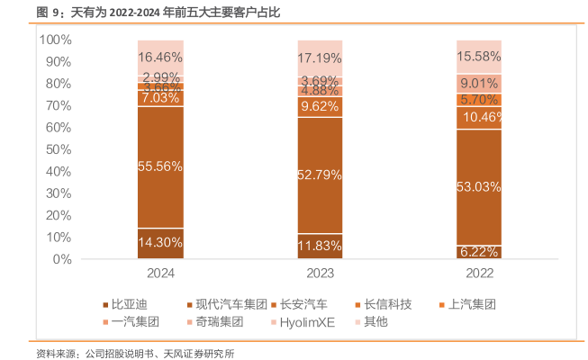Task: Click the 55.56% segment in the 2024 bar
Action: pyautogui.click(x=160, y=166)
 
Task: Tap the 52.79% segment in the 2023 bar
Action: pyautogui.click(x=320, y=175)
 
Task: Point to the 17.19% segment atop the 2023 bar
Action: pyautogui.click(x=320, y=58)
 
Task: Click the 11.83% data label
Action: pyautogui.click(x=320, y=246)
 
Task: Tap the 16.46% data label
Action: pyautogui.click(x=160, y=56)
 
